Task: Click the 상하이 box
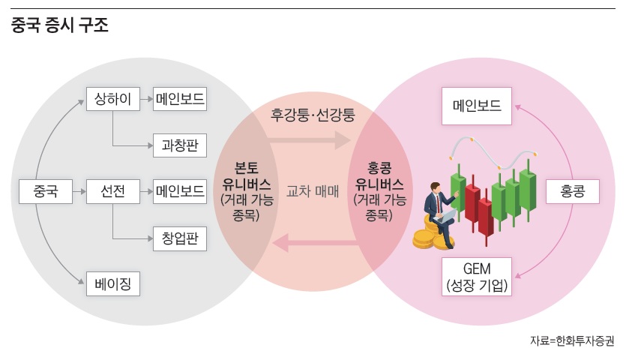coord(113,99)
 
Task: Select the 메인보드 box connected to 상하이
coord(180,99)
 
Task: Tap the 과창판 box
coord(180,145)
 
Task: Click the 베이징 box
coord(113,284)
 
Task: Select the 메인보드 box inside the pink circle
coord(476,107)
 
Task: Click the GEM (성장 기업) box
coord(476,276)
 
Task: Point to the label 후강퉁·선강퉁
coord(313,115)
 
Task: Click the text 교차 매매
coord(313,190)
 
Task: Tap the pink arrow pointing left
coord(313,241)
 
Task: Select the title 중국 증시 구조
coord(60,27)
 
